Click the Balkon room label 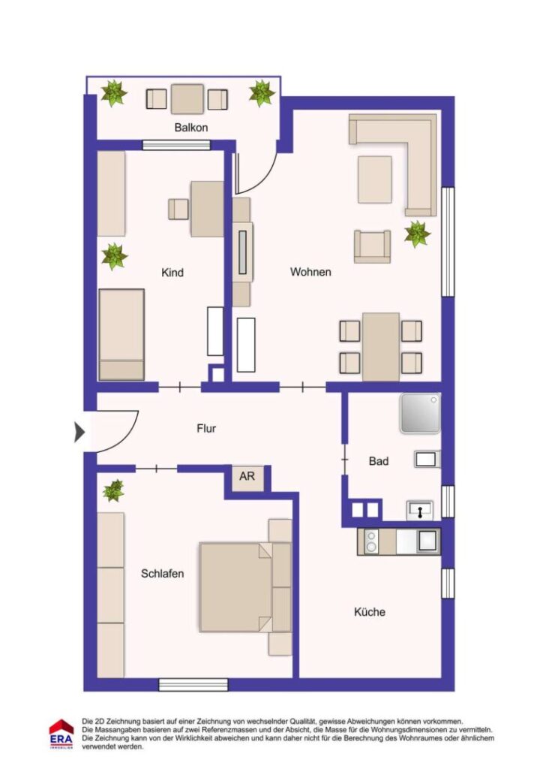point(191,128)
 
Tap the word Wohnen point(310,272)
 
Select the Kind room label point(172,273)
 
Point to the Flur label point(206,428)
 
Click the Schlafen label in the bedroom point(163,573)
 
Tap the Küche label point(370,611)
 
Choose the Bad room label point(379,461)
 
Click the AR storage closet point(247,477)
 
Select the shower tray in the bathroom point(420,414)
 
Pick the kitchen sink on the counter point(426,541)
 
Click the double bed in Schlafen point(244,587)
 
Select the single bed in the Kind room point(121,334)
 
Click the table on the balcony point(187,99)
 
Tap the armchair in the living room point(372,246)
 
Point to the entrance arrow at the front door point(79,432)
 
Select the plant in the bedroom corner point(113,490)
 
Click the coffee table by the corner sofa point(374,179)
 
